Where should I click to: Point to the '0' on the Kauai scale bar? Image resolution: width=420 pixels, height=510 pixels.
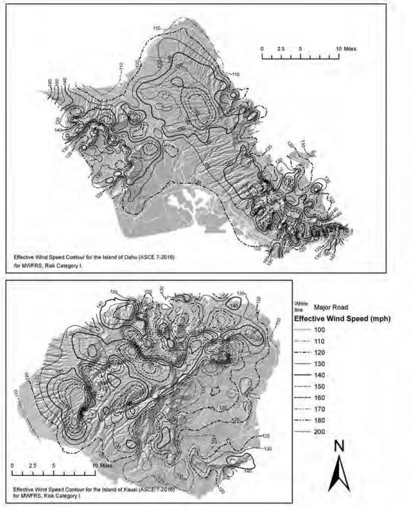pyautogui.click(x=13, y=464)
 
